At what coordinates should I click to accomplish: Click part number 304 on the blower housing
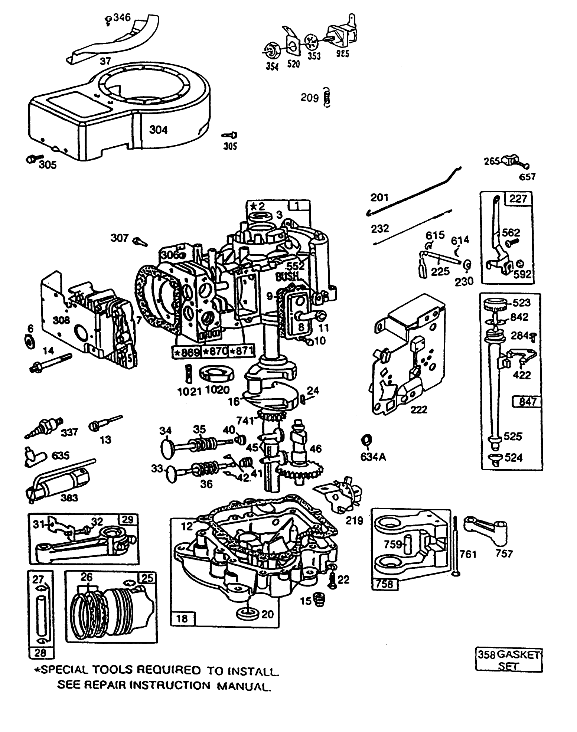[x=158, y=130]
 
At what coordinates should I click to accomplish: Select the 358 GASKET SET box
[x=509, y=660]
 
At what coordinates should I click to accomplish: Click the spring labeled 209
[x=327, y=98]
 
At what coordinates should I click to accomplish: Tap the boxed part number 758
[x=384, y=584]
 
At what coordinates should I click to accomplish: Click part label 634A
[x=373, y=457]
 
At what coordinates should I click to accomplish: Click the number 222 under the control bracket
[x=419, y=409]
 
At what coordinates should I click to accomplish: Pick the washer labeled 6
[x=29, y=341]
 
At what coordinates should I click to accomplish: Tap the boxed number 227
[x=518, y=199]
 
